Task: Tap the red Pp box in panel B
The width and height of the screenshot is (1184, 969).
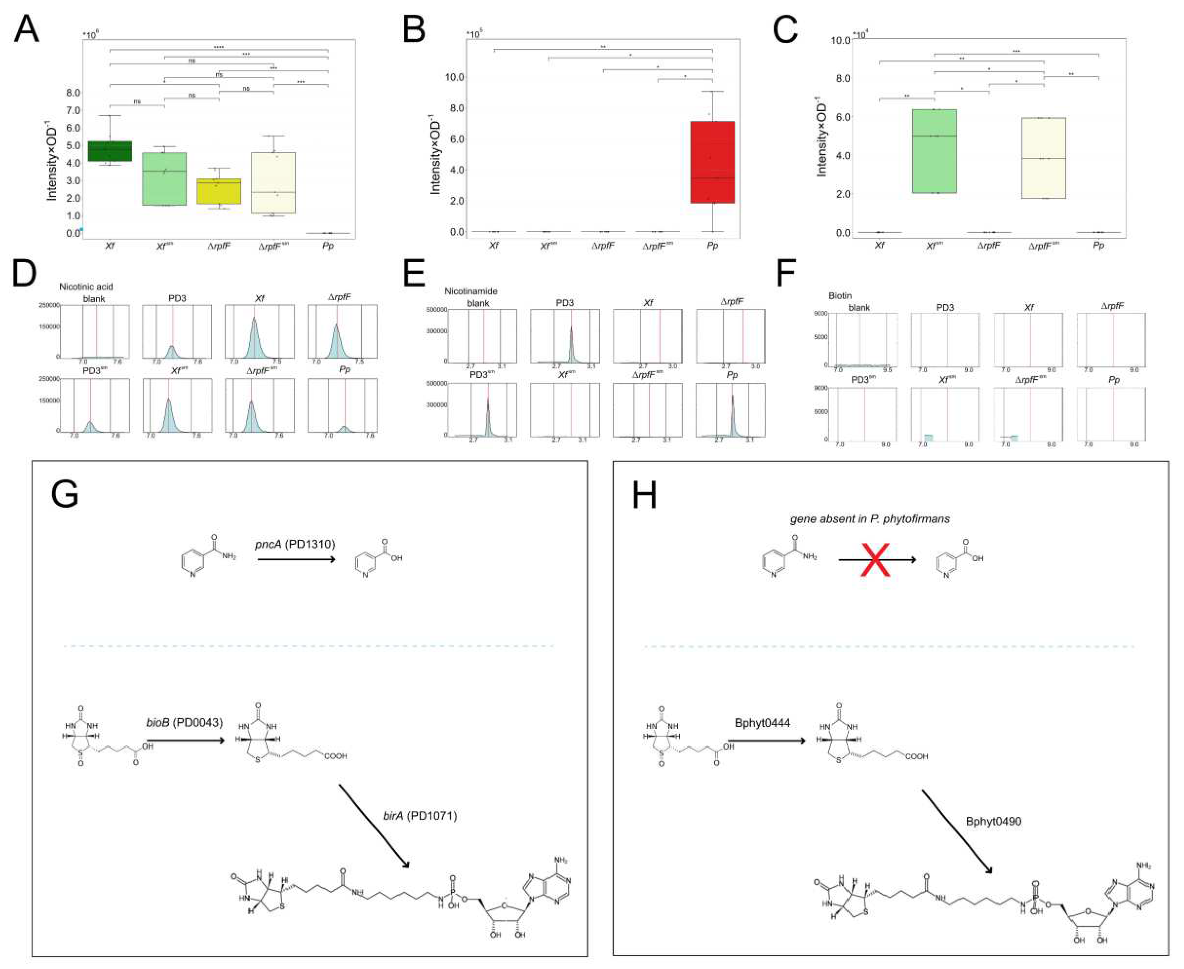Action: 712,162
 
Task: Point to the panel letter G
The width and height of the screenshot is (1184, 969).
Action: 64,494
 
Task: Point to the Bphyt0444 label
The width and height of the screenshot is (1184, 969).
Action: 762,723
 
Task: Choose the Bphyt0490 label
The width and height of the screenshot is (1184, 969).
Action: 994,821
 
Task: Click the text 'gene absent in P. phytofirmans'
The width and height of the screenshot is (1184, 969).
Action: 870,519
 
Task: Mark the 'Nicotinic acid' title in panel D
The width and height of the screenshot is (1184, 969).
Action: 86,286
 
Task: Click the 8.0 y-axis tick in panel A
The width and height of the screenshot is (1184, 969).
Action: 73,93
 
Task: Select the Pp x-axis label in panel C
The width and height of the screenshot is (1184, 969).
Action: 1098,245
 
